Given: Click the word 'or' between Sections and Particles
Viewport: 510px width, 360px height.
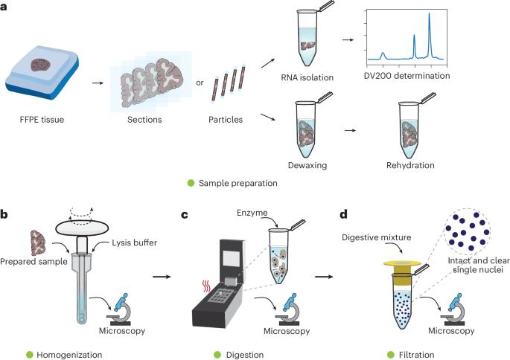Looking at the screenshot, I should pos(199,83).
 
